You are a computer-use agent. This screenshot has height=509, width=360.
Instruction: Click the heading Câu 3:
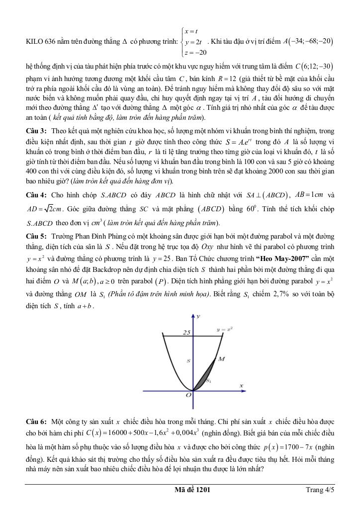click(x=36, y=131)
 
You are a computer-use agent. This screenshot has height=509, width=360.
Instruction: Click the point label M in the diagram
click(x=222, y=358)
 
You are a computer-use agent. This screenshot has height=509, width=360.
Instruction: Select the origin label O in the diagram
click(x=188, y=395)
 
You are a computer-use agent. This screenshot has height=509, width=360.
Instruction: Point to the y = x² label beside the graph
click(x=225, y=329)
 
